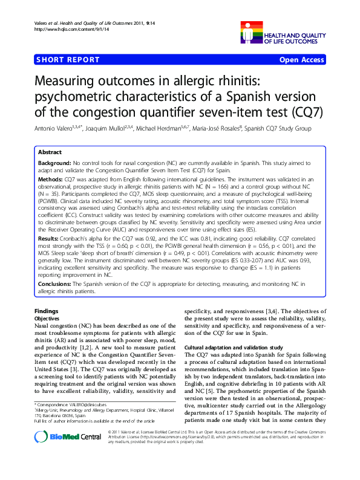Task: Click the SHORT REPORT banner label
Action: (x=67, y=60)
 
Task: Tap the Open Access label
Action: (x=302, y=60)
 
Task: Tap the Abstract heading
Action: (x=50, y=152)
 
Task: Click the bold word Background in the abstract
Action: (x=54, y=163)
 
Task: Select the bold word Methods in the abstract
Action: (x=50, y=180)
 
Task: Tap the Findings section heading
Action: (x=46, y=311)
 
